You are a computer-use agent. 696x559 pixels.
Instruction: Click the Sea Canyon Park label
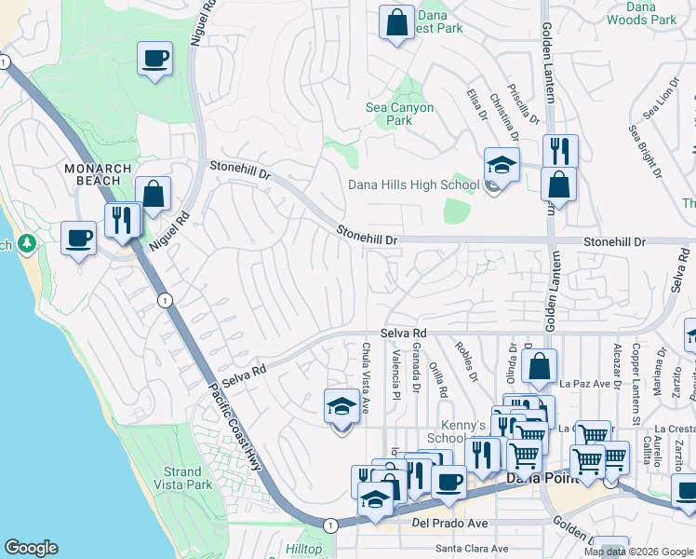tap(399, 114)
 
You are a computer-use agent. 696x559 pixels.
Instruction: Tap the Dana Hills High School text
tap(413, 184)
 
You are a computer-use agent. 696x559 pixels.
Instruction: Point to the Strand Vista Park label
tap(187, 478)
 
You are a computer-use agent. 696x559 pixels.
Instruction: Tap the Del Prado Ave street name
tap(449, 523)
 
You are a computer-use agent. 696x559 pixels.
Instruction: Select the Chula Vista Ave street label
tap(365, 378)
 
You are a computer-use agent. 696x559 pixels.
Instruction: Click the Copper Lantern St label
tap(636, 384)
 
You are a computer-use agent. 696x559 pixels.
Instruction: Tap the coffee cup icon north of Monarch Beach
tap(155, 59)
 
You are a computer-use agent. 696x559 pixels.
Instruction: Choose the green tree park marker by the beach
tap(27, 244)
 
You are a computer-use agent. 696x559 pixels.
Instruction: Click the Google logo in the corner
tap(31, 548)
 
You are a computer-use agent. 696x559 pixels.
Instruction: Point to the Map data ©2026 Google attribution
tap(639, 552)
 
